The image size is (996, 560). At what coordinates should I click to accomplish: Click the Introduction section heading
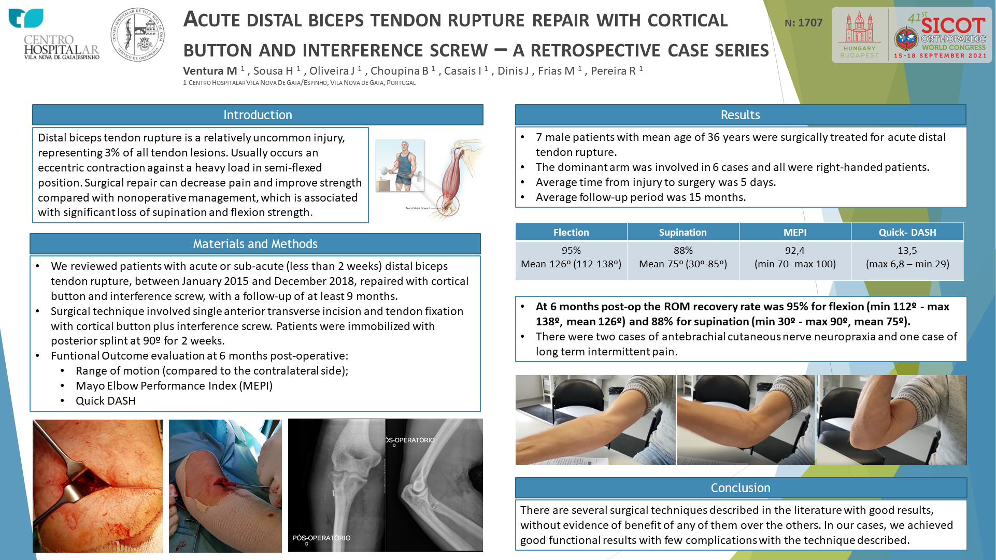258,115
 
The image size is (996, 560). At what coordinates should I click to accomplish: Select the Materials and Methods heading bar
255,243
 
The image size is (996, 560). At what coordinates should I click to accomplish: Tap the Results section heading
740,115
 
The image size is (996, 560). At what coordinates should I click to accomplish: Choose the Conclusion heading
741,488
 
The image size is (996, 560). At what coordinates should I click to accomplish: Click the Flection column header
571,232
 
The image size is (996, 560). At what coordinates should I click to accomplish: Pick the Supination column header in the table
683,232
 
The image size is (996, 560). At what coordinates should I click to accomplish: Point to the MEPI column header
795,232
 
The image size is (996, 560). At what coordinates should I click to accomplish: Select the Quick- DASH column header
907,232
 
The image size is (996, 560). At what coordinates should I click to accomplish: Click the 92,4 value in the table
795,251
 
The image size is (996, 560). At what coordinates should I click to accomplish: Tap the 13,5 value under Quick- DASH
907,251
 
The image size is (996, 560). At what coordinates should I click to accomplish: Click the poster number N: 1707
803,23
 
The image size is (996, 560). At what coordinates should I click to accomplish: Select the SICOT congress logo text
953,25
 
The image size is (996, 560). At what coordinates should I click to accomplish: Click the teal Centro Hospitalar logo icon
26,18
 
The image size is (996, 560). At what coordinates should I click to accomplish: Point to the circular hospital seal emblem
138,35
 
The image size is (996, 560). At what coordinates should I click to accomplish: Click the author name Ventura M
210,71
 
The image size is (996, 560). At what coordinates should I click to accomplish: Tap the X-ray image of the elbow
386,485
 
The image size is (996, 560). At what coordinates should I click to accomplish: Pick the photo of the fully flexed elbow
892,420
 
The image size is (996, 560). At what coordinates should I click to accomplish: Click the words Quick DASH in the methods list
106,401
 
